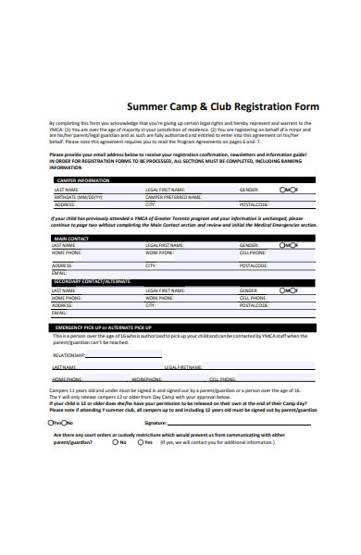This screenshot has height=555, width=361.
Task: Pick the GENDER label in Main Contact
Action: click(x=250, y=245)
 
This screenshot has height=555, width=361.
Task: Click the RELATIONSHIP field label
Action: click(x=69, y=354)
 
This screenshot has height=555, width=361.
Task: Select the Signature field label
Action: click(x=155, y=422)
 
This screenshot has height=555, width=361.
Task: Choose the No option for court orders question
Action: click(x=115, y=442)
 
